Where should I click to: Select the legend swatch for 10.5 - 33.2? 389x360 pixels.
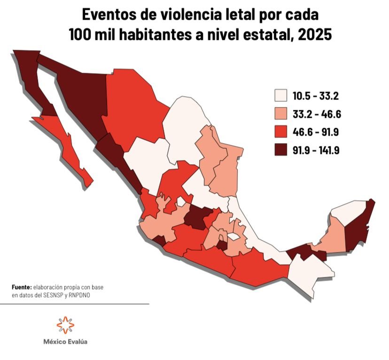coord(281,96)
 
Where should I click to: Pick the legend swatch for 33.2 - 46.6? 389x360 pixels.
coord(281,114)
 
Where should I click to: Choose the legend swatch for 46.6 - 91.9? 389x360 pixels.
coord(281,132)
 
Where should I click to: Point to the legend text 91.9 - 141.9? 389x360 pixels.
coord(316,150)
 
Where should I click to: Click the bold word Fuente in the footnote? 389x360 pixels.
coord(21,287)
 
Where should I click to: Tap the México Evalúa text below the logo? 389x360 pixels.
coord(65,342)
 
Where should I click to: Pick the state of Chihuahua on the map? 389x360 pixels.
coord(132,110)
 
